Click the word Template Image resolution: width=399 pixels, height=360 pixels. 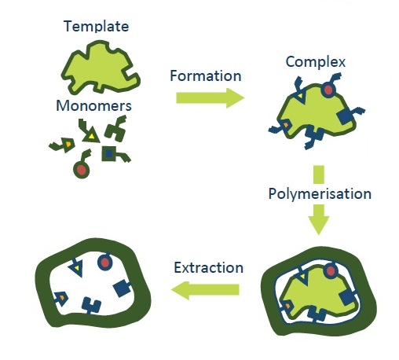click(97, 27)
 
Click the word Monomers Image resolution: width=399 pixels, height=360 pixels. click(93, 106)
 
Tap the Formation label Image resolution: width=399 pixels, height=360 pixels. click(206, 76)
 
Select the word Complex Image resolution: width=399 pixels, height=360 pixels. click(316, 62)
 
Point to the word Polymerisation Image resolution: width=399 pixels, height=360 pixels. click(320, 194)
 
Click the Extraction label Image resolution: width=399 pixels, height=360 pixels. click(209, 268)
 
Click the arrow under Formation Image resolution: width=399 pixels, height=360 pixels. click(210, 98)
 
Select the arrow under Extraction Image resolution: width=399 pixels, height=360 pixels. click(205, 290)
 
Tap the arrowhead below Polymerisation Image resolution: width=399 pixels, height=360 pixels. click(319, 220)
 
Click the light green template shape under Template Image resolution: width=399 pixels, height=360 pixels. click(101, 68)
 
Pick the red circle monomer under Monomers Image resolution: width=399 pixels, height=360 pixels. click(82, 170)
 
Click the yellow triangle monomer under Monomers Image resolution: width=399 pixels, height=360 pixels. click(91, 135)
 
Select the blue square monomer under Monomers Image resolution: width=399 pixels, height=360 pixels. click(108, 154)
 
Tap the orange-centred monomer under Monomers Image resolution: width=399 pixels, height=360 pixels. click(68, 145)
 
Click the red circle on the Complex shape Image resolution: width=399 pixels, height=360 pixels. click(328, 90)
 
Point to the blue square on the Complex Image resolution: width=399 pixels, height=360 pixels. click(346, 117)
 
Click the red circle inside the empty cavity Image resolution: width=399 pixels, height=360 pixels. click(104, 262)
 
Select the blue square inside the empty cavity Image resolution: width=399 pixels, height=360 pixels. click(121, 288)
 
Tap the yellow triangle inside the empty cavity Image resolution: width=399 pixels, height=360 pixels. click(76, 268)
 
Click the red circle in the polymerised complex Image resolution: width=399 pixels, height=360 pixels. click(331, 271)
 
